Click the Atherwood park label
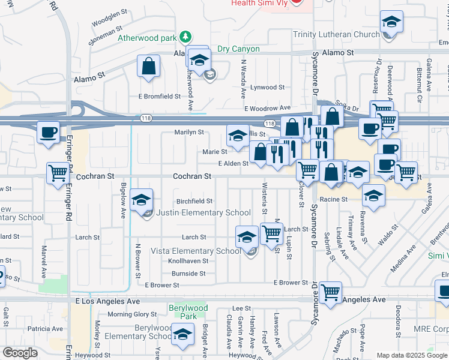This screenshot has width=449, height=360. click(147, 38)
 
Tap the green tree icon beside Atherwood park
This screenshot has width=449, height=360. click(186, 37)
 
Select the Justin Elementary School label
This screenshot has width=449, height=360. click(203, 212)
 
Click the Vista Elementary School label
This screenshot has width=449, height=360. click(196, 251)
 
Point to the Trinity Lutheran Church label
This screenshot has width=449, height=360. click(336, 34)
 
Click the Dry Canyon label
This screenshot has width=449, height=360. click(238, 49)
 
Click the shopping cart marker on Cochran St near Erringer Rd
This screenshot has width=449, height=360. click(59, 173)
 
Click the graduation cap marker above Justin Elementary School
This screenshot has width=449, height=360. click(142, 199)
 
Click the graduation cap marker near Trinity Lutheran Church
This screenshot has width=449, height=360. click(391, 23)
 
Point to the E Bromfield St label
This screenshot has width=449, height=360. click(159, 96)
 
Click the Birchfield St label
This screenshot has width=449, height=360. click(194, 202)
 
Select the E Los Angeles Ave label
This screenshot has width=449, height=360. click(108, 301)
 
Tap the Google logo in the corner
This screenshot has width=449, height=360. click(20, 353)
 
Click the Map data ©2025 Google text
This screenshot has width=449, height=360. click(411, 355)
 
